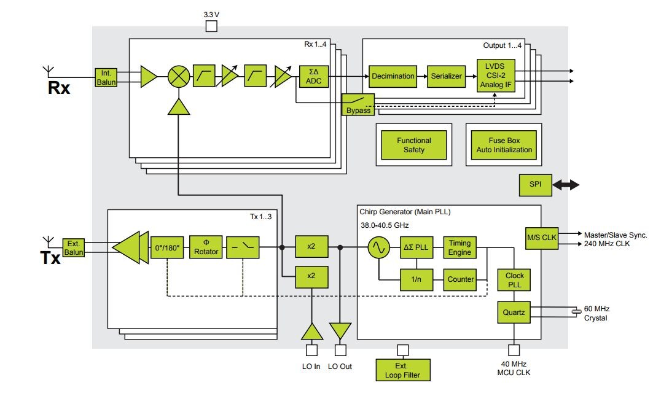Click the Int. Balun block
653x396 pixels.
(x=105, y=78)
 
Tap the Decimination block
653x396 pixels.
(x=392, y=76)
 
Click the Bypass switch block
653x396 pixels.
(x=358, y=104)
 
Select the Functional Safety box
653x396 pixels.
(x=413, y=145)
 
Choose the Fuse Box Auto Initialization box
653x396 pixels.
(x=503, y=145)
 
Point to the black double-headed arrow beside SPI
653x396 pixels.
(x=566, y=185)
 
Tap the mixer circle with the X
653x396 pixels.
(x=179, y=77)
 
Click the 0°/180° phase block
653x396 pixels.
(x=167, y=247)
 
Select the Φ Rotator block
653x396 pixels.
(x=206, y=247)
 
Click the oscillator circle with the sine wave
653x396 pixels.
(x=378, y=248)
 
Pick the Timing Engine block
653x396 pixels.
(x=459, y=248)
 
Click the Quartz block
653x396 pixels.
(x=514, y=313)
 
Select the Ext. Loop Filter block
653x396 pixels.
(x=402, y=370)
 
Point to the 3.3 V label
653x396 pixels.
(x=211, y=14)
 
